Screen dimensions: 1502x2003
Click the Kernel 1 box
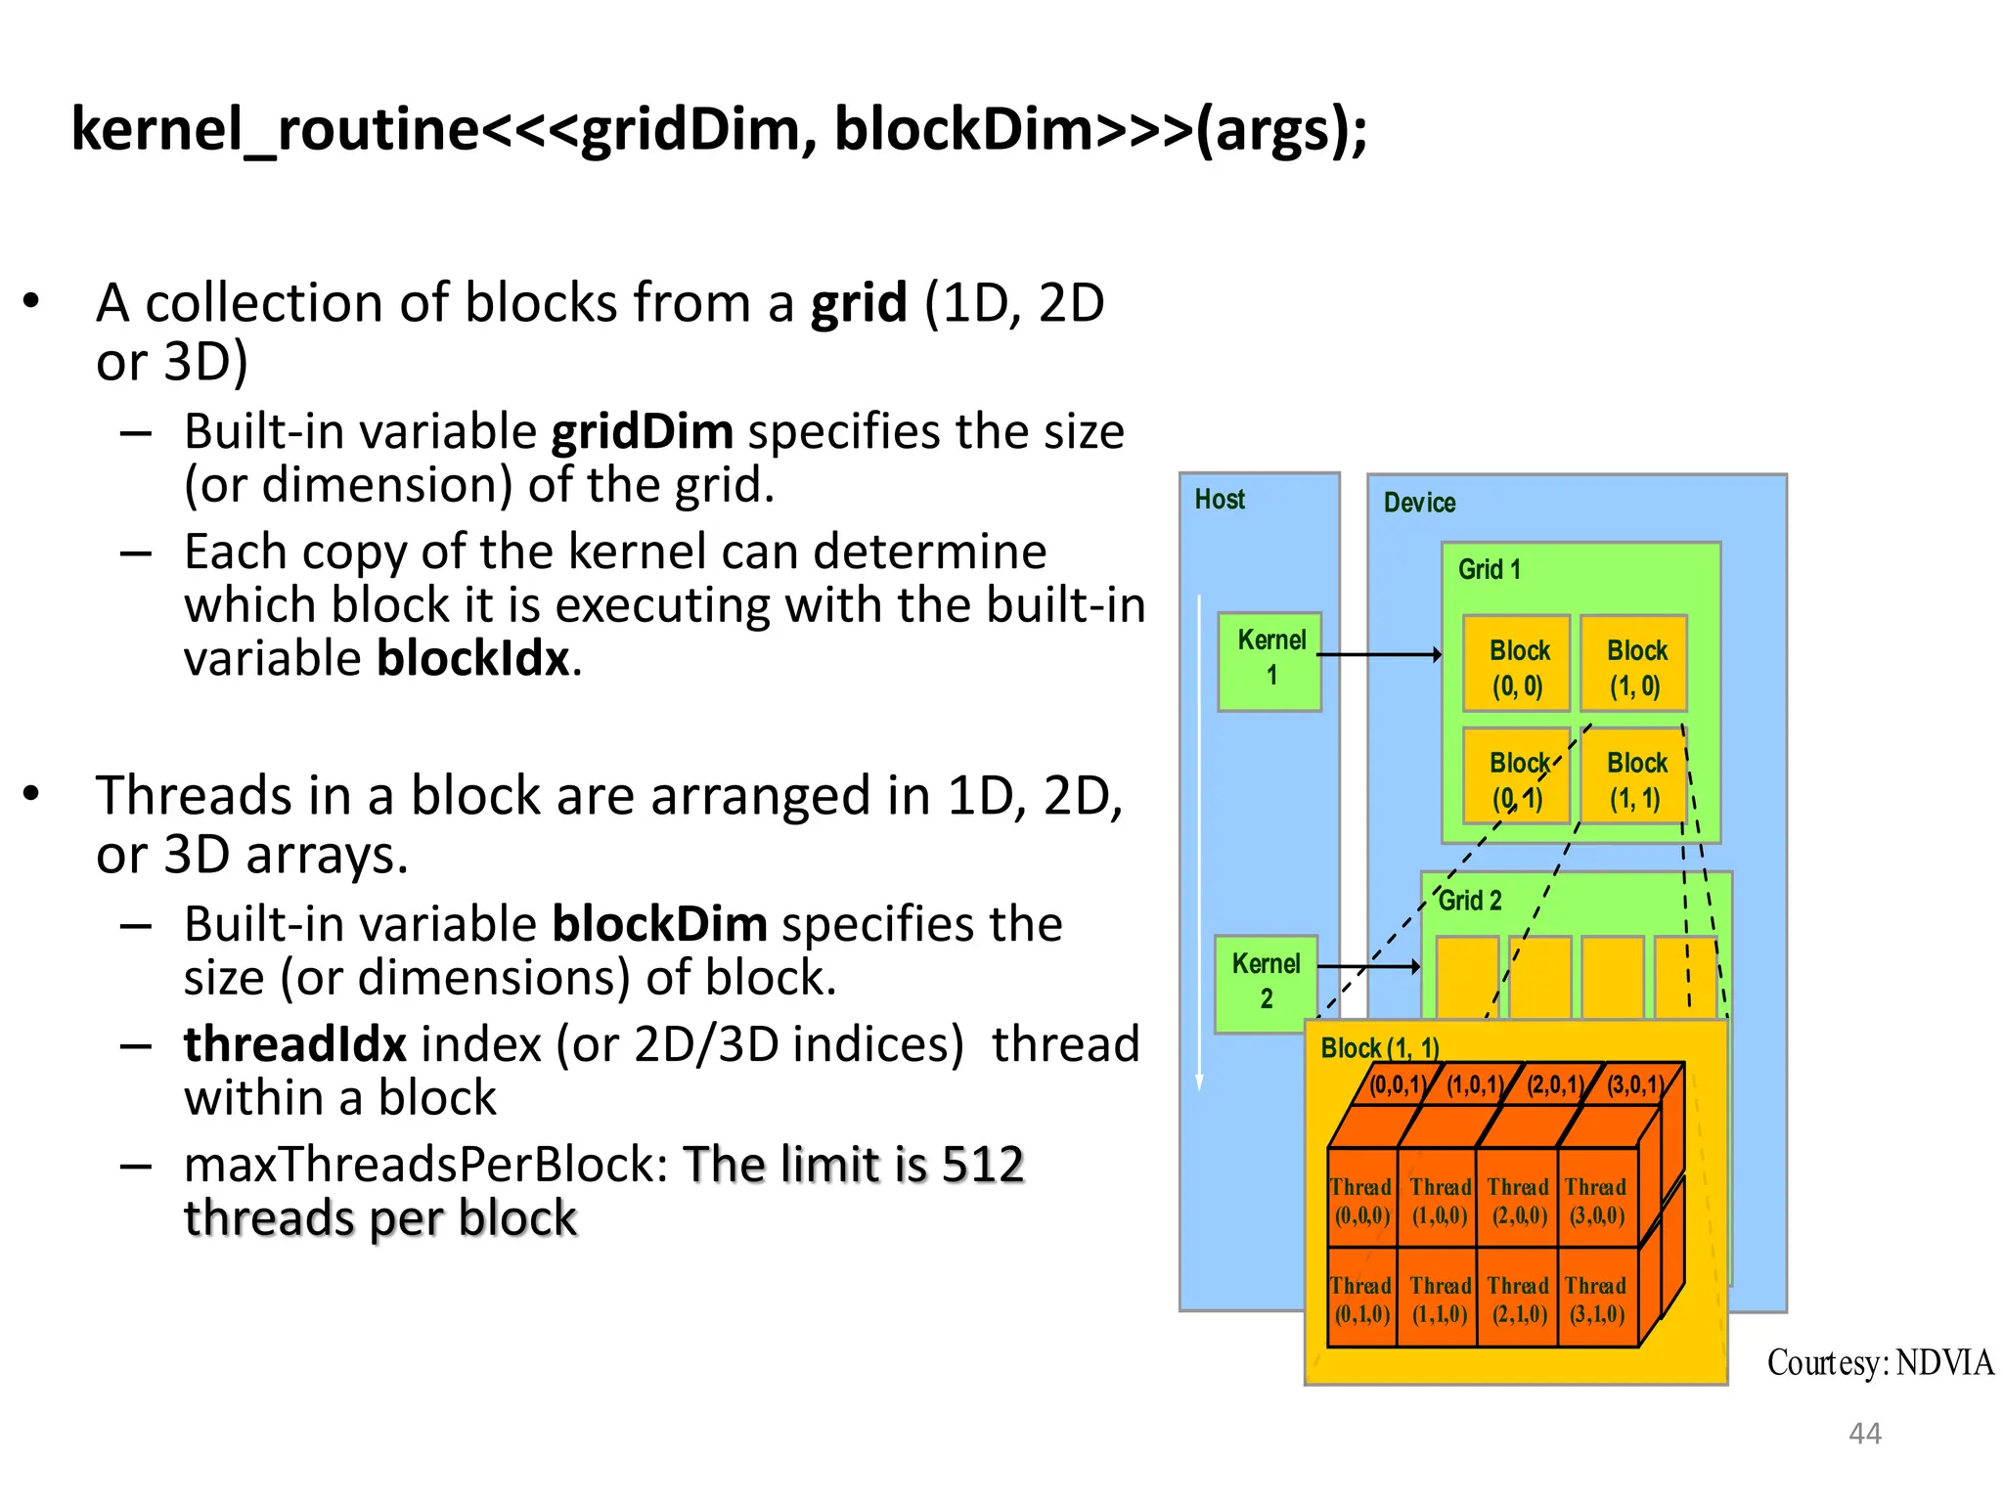click(x=1269, y=661)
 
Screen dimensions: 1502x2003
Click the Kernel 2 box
click(x=1266, y=983)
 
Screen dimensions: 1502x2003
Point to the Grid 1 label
click(x=1489, y=570)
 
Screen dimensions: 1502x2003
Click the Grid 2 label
click(x=1470, y=901)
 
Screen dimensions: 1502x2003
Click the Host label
click(x=1220, y=500)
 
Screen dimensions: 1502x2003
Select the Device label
click(x=1419, y=503)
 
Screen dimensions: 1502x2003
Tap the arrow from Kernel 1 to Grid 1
click(x=1379, y=654)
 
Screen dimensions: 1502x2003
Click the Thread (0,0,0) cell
click(x=1361, y=1202)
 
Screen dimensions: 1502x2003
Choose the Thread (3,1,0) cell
click(x=1596, y=1300)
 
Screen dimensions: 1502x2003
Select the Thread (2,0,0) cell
click(x=1518, y=1202)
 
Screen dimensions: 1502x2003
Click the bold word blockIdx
click(x=473, y=658)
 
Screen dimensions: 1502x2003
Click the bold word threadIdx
click(x=294, y=1044)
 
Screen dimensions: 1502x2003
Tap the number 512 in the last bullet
click(x=982, y=1165)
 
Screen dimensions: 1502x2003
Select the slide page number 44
click(x=1864, y=1434)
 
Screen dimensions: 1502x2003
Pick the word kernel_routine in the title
click(x=275, y=129)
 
